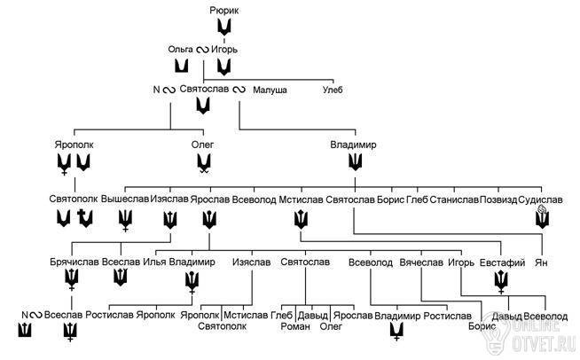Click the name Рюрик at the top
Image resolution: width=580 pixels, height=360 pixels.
(x=224, y=11)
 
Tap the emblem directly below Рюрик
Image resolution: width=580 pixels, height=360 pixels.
(x=224, y=27)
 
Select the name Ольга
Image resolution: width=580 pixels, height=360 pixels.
(x=181, y=50)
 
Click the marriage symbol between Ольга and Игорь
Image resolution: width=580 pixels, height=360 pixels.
(x=202, y=50)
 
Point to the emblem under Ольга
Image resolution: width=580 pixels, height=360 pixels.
(x=181, y=67)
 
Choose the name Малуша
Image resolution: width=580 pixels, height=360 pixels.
(x=270, y=90)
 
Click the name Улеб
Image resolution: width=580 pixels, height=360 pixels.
(x=333, y=90)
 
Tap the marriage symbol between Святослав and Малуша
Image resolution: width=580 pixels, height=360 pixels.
(x=239, y=90)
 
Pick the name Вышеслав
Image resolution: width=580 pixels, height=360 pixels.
(x=125, y=199)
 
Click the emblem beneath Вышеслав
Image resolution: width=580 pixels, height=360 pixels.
(x=125, y=221)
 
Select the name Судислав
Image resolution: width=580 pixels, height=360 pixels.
(x=540, y=200)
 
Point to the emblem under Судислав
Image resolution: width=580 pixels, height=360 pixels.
(x=542, y=217)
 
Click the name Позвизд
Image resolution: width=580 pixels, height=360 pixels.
(x=498, y=200)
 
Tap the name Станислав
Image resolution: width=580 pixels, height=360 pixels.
(x=454, y=200)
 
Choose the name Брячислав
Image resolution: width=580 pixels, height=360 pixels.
(x=74, y=262)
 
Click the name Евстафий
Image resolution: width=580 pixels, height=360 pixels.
(x=502, y=262)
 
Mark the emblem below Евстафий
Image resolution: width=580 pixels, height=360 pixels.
(x=501, y=282)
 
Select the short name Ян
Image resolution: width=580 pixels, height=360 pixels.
(x=541, y=263)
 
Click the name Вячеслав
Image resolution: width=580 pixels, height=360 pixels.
(x=421, y=262)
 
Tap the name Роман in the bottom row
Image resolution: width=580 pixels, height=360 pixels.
(x=295, y=326)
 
